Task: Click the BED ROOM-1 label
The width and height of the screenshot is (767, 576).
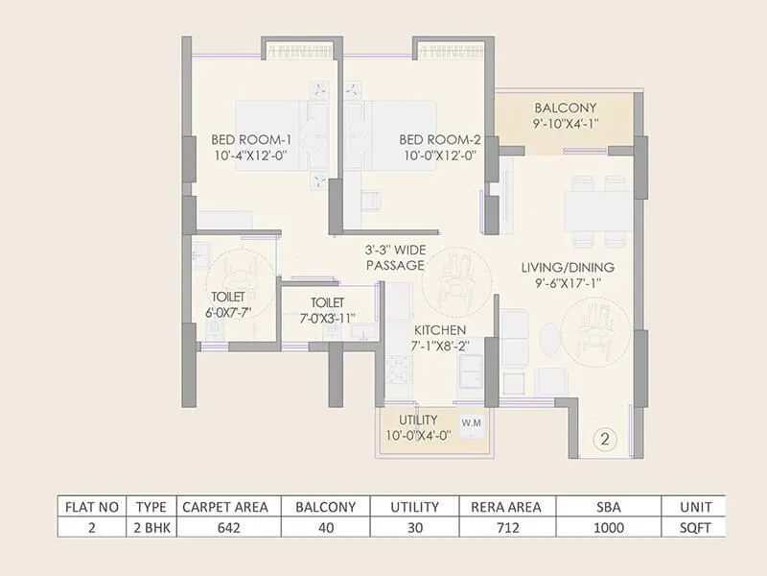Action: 251,140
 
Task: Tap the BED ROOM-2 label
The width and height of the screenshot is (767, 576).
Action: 438,140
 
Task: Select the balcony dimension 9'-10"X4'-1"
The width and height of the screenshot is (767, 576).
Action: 566,123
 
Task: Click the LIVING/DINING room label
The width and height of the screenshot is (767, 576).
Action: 568,268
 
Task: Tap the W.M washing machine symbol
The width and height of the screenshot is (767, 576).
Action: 471,422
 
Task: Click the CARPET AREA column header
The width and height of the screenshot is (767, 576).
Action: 225,506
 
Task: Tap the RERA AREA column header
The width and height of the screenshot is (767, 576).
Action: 505,506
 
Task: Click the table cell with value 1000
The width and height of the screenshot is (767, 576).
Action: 607,527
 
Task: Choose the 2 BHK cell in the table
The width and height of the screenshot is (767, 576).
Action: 151,527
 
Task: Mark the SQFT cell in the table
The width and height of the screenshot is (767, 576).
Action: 693,527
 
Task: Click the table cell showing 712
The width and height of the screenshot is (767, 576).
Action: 505,527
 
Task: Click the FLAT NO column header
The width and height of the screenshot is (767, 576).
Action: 90,506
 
